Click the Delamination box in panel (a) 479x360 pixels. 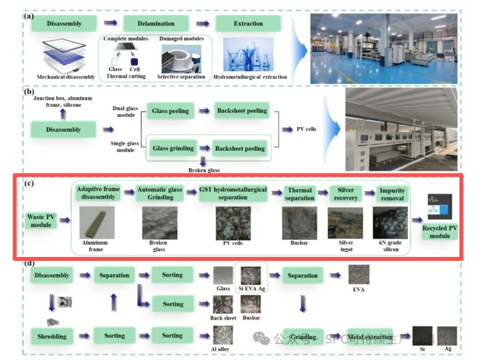[x=156, y=23]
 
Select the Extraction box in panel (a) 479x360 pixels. [x=248, y=23]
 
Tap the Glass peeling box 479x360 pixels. [x=171, y=111]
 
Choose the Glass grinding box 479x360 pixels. [x=173, y=149]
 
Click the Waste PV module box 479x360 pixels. [x=40, y=220]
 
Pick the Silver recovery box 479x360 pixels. [x=345, y=194]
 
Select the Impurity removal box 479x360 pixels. [x=392, y=194]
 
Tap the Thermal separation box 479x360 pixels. [x=300, y=194]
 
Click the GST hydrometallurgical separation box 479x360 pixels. [x=233, y=194]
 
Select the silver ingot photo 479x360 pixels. [x=344, y=223]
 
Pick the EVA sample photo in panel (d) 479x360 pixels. [x=358, y=274]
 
